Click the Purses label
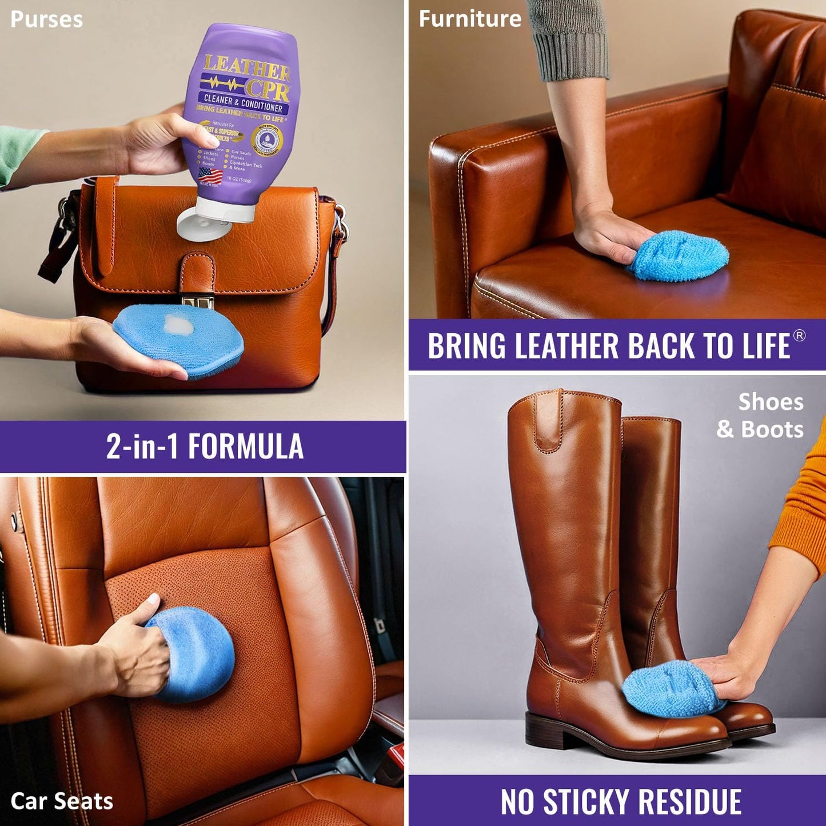46,19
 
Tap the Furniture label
470,19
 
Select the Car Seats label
62,801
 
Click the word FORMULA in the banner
246,446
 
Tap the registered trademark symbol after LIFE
800,336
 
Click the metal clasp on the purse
197,300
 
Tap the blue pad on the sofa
679,256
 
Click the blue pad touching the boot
669,688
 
